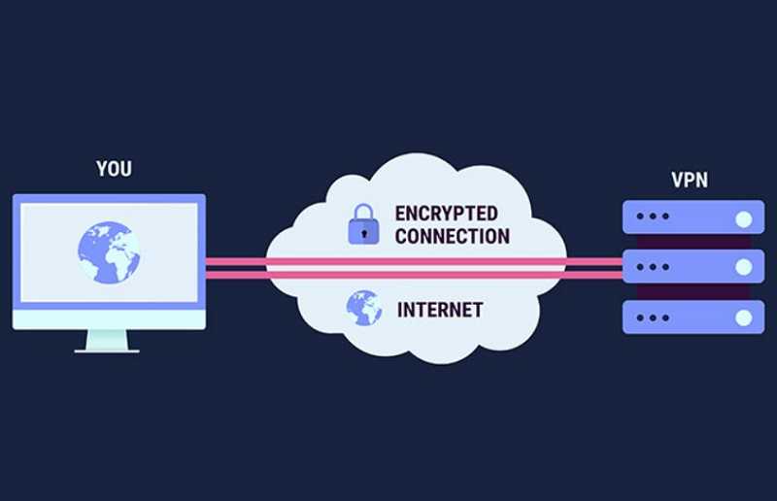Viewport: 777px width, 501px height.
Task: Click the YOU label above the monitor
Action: [x=114, y=169]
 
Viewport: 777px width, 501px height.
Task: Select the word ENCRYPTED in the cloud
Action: [x=446, y=214]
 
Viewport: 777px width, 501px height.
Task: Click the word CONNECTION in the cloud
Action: [x=452, y=236]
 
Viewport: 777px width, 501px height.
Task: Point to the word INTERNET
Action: [x=440, y=311]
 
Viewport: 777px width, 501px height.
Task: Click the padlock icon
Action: [x=363, y=225]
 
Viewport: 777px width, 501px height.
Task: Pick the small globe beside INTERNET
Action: [x=363, y=308]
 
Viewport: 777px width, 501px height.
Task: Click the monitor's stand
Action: [x=108, y=341]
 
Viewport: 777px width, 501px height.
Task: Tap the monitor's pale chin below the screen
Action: [x=109, y=318]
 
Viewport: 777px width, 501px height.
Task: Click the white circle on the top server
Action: [x=743, y=217]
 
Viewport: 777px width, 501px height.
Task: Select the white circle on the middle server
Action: [x=743, y=266]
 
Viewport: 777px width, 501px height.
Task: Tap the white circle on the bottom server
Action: [x=743, y=316]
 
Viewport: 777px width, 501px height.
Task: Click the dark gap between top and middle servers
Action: [x=692, y=242]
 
